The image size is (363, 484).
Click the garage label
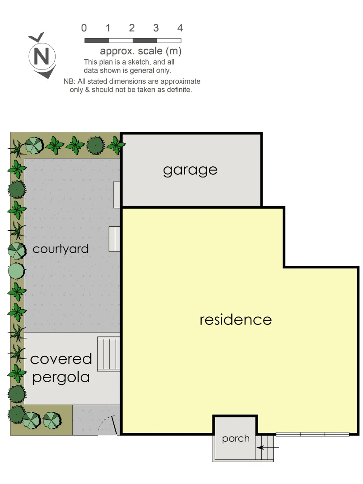click(x=190, y=170)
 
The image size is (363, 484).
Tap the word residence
click(x=235, y=320)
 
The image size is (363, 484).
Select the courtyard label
click(x=60, y=249)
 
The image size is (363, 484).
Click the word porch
click(x=236, y=438)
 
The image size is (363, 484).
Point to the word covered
click(x=61, y=359)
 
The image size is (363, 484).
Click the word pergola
click(x=61, y=377)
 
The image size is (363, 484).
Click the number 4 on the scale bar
click(x=180, y=28)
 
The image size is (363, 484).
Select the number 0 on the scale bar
click(x=84, y=28)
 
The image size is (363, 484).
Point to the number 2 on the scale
click(x=132, y=28)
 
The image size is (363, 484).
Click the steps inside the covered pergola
click(x=109, y=354)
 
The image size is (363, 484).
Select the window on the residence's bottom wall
click(x=312, y=434)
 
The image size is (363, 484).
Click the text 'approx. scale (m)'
click(x=140, y=51)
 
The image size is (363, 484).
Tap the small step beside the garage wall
click(x=117, y=194)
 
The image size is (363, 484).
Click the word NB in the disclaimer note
click(x=68, y=82)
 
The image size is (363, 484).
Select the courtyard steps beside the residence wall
click(x=115, y=239)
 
